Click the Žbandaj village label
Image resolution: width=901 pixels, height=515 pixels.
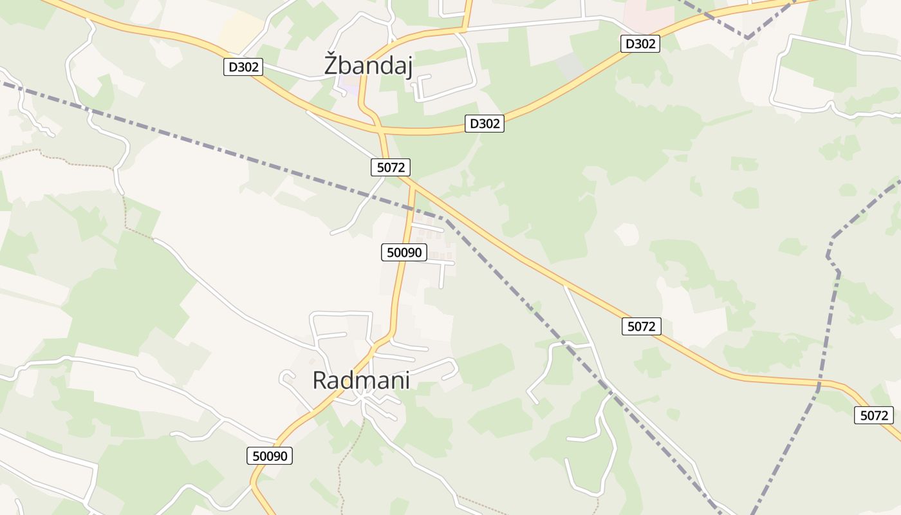(x=368, y=66)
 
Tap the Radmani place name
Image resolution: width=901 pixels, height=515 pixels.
(x=361, y=380)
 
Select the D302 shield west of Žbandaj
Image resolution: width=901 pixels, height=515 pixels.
(x=243, y=67)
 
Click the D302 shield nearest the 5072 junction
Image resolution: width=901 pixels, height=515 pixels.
(x=484, y=124)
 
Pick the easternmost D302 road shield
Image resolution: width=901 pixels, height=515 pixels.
(x=640, y=44)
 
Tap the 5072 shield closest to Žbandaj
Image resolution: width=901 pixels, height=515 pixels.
(x=391, y=167)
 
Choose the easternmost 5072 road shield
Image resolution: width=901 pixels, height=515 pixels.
(x=874, y=415)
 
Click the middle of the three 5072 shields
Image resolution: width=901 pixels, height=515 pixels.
(x=642, y=326)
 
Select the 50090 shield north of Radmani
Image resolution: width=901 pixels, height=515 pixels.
(x=404, y=252)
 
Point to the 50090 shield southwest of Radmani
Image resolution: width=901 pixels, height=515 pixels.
(x=270, y=456)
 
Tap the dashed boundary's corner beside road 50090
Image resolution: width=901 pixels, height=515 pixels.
(x=446, y=220)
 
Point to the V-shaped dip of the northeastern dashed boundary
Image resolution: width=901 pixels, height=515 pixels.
(x=747, y=38)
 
